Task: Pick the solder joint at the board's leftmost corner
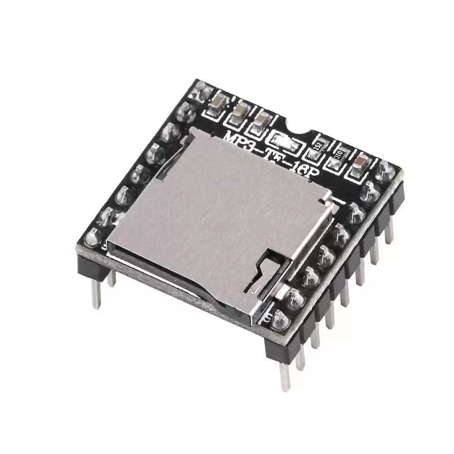(91, 237)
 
